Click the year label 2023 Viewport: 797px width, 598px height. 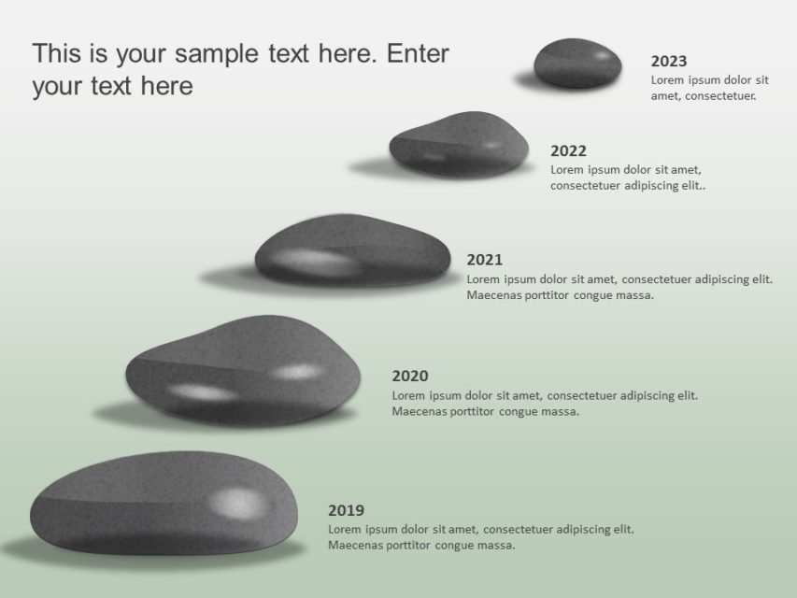pyautogui.click(x=668, y=62)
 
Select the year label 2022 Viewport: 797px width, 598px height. pyautogui.click(x=568, y=151)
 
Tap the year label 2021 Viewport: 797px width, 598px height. pyautogui.click(x=484, y=260)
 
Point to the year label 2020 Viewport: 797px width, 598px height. pyautogui.click(x=409, y=377)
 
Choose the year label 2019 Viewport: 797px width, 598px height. pyautogui.click(x=346, y=511)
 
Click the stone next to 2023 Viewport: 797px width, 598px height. pyautogui.click(x=577, y=64)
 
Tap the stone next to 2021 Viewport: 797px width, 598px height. pyautogui.click(x=352, y=250)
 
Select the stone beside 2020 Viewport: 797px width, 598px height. pyautogui.click(x=242, y=371)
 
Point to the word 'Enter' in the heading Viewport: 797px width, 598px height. pyautogui.click(x=418, y=53)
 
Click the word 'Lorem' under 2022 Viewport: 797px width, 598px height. pyautogui.click(x=567, y=170)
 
